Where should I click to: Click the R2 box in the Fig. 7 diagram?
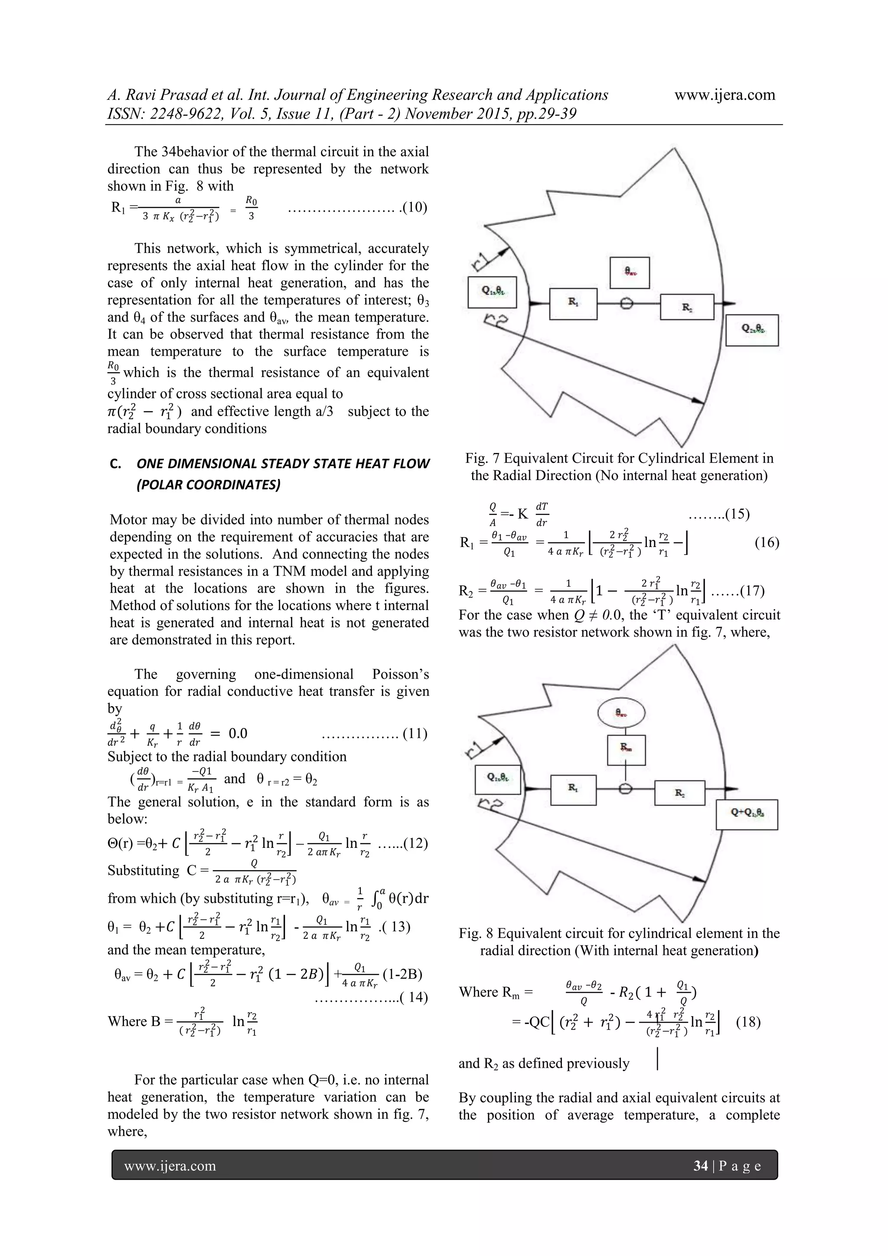(x=687, y=307)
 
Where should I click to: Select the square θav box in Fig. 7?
(x=630, y=272)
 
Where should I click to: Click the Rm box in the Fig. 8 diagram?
(x=626, y=749)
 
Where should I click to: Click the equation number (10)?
(x=415, y=207)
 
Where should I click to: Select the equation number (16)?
(x=767, y=543)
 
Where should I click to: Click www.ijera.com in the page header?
(x=725, y=95)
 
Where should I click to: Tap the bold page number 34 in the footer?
(x=700, y=1166)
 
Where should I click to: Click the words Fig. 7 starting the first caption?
(x=481, y=459)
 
